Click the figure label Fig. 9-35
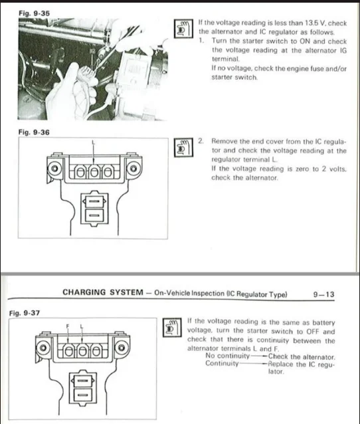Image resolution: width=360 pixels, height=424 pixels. pos(34,13)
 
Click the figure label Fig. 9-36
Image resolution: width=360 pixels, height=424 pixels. pos(34,132)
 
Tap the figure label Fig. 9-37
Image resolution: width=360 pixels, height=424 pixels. pos(25,313)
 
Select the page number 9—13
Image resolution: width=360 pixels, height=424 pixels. pos(323,294)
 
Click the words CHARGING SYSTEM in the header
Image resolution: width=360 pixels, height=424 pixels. pos(103,292)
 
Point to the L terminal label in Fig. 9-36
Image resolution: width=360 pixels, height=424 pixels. pos(93,142)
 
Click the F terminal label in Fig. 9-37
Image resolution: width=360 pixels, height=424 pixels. pos(68,326)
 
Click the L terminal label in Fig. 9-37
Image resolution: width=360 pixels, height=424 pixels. pos(82,326)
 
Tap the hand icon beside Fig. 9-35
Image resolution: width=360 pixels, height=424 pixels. pos(183,29)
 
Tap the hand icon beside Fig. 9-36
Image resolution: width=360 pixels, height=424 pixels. pos(183,148)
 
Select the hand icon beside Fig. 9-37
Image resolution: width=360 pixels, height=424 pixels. pos(172,328)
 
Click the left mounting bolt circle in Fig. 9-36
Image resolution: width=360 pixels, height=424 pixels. pos(54,168)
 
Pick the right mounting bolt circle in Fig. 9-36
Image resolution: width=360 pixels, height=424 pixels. pos(134,168)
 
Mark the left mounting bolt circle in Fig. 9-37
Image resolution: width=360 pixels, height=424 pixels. pos(43,348)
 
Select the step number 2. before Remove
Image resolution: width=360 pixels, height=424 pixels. pos(201,141)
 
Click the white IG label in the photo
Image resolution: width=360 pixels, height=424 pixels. pos(92,51)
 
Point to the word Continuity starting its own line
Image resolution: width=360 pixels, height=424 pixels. pos(222,363)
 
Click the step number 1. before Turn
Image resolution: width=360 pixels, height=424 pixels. pos(201,41)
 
